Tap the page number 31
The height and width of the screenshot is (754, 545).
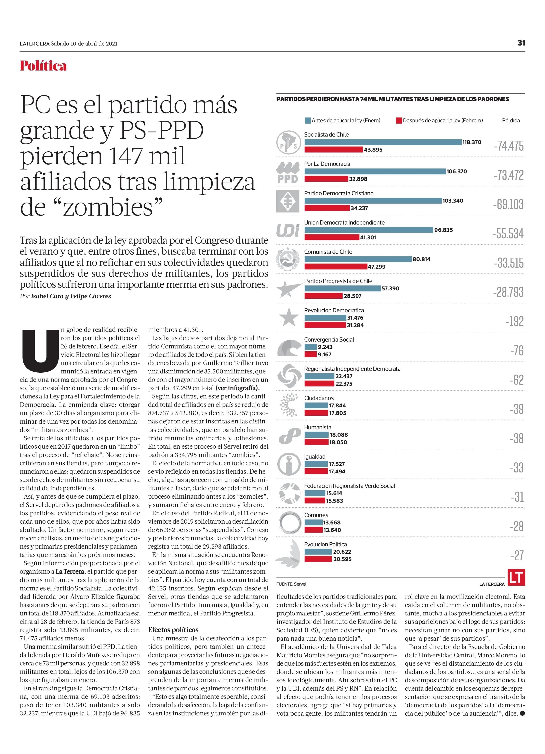click(x=521, y=43)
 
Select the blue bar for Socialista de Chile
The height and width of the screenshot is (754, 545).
click(x=383, y=142)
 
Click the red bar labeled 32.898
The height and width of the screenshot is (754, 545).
click(x=326, y=179)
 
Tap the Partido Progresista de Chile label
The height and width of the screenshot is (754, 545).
click(x=338, y=281)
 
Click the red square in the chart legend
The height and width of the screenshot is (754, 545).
click(x=399, y=120)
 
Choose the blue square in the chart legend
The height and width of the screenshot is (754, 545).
click(x=308, y=120)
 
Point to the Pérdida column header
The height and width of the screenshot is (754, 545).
click(x=511, y=120)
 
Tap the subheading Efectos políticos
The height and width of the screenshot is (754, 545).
click(x=173, y=630)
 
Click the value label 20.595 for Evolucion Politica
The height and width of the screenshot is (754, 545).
click(x=342, y=559)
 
